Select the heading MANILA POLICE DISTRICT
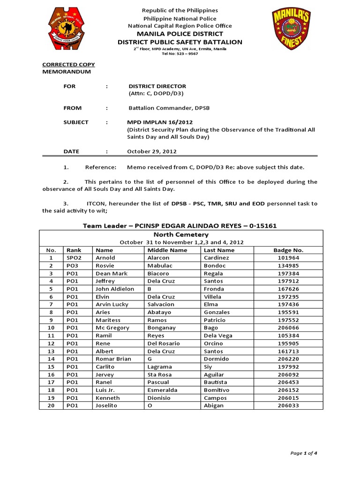(x=180, y=34)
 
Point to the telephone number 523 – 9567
(x=186, y=53)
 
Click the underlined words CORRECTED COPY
(x=68, y=65)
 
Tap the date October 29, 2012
(x=152, y=151)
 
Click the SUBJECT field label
(x=76, y=122)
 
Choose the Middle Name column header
(x=167, y=250)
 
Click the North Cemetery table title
(x=180, y=234)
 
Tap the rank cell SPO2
(x=74, y=258)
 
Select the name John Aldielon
(x=115, y=289)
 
